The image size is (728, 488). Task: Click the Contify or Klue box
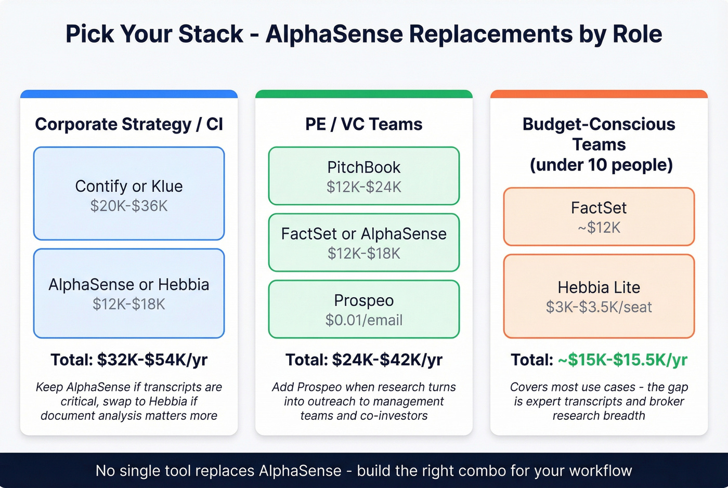pyautogui.click(x=129, y=193)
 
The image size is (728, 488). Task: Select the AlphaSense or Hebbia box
pyautogui.click(x=129, y=293)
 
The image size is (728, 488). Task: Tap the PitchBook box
pyautogui.click(x=364, y=176)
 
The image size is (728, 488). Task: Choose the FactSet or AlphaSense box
pyautogui.click(x=364, y=242)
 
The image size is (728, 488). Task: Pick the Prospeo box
pyautogui.click(x=364, y=309)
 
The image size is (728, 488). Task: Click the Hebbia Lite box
pyautogui.click(x=599, y=296)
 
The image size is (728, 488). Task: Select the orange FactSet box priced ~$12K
pyautogui.click(x=599, y=216)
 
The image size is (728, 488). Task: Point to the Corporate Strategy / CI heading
pyautogui.click(x=129, y=124)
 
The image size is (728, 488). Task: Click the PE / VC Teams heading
pyautogui.click(x=364, y=124)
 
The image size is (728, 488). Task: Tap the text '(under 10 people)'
pyautogui.click(x=601, y=165)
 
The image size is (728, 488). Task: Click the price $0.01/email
pyautogui.click(x=364, y=320)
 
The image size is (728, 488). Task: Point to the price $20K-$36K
pyautogui.click(x=129, y=206)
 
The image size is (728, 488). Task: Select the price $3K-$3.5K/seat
pyautogui.click(x=599, y=307)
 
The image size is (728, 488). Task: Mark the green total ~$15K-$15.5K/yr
pyautogui.click(x=622, y=360)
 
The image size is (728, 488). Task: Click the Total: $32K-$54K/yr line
pyautogui.click(x=129, y=360)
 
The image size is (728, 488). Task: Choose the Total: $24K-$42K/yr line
pyautogui.click(x=364, y=360)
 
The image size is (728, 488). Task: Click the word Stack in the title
pyautogui.click(x=210, y=34)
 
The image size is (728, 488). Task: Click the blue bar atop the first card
pyautogui.click(x=129, y=94)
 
